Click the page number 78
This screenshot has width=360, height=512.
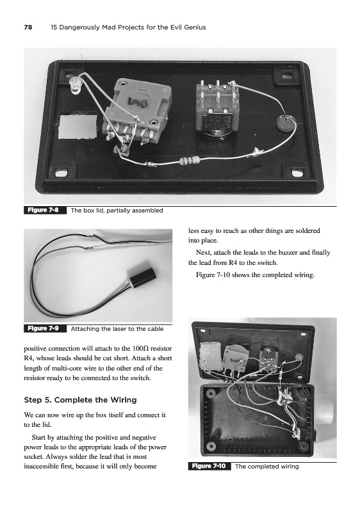[x=28, y=28]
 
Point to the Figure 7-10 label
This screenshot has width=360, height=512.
[x=208, y=466]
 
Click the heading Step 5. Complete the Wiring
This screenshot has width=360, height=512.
[x=80, y=400]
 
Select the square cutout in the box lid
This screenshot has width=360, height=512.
[x=78, y=126]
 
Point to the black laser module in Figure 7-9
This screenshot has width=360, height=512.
[x=143, y=276]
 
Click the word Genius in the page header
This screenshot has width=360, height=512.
[x=194, y=28]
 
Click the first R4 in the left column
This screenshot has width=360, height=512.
[x=29, y=358]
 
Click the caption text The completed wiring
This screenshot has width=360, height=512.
[x=267, y=467]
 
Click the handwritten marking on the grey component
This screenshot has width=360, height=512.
[x=139, y=102]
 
